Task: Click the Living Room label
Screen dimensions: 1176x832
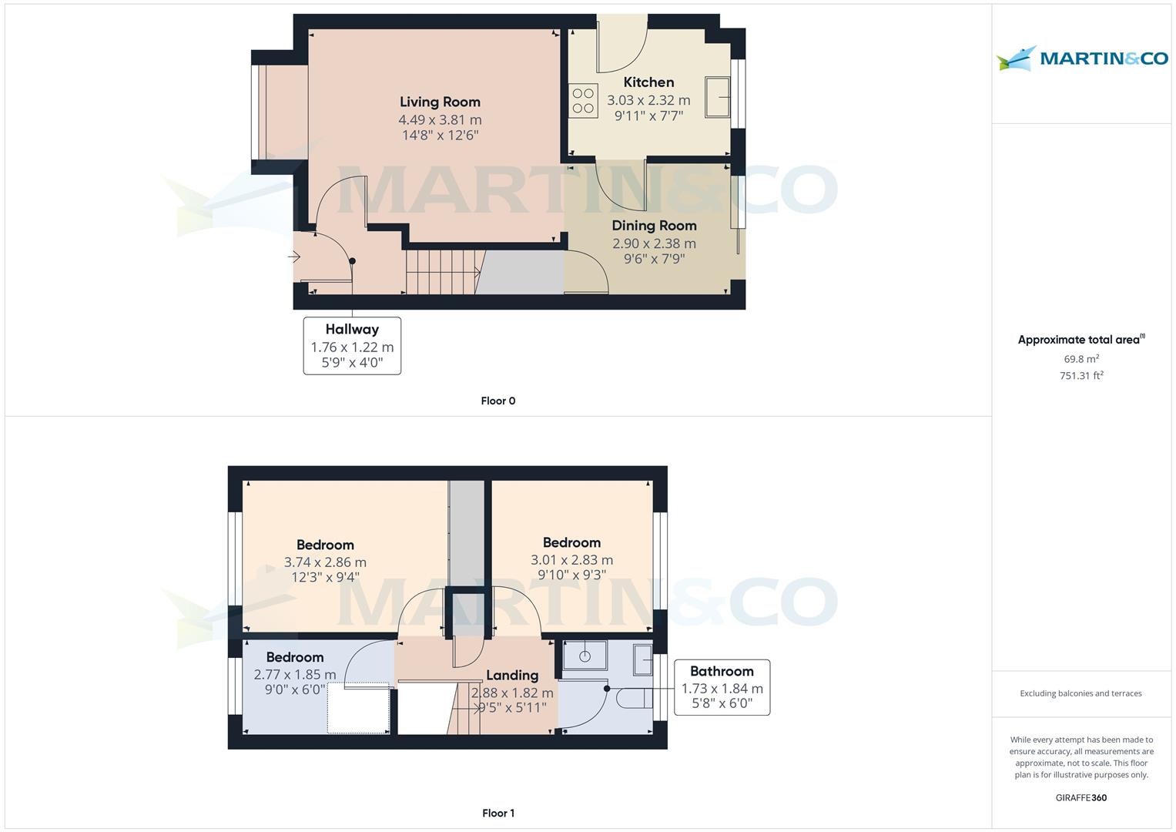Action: tap(440, 102)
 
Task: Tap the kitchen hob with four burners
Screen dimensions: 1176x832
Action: tap(583, 101)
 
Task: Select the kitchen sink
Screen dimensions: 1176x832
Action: tap(717, 97)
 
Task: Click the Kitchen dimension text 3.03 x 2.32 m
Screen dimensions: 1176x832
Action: tap(648, 100)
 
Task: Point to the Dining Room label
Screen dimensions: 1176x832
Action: tap(654, 225)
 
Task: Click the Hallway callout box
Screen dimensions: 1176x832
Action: tap(352, 346)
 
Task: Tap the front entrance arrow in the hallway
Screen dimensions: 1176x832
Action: tap(294, 257)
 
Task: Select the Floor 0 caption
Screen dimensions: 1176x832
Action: tap(498, 401)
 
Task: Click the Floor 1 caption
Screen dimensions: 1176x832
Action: tap(498, 813)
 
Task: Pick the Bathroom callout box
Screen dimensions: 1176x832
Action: tap(722, 687)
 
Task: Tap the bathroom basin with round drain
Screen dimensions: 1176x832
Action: tap(585, 656)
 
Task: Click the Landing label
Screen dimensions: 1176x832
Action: tap(512, 675)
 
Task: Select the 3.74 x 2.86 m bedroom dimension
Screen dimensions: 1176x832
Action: tap(325, 562)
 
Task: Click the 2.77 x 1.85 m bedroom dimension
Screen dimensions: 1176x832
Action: tap(294, 674)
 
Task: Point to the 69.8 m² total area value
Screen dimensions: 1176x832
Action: tap(1081, 359)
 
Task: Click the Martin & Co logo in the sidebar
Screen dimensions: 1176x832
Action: tap(1082, 58)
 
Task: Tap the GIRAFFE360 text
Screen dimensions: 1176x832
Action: tap(1081, 797)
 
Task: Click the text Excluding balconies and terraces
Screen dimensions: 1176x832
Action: tap(1081, 693)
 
